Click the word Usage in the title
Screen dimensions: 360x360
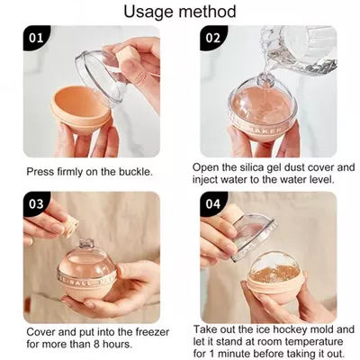click(x=151, y=12)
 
